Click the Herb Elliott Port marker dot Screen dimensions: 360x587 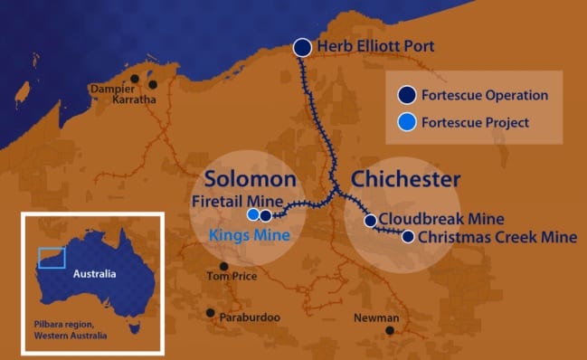[x=303, y=47]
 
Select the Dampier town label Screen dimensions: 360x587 [x=111, y=89]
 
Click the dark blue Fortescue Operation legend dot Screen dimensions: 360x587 [x=407, y=95]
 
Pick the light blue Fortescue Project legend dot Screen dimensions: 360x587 [x=407, y=122]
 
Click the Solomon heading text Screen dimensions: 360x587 [x=250, y=178]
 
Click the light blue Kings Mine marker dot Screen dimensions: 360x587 [x=253, y=215]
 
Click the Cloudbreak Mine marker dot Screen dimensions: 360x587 [x=370, y=220]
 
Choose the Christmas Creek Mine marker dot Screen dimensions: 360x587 [x=408, y=237]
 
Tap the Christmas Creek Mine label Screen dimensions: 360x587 [x=497, y=238]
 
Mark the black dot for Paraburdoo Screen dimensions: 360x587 [x=211, y=313]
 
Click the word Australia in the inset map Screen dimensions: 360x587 [x=94, y=274]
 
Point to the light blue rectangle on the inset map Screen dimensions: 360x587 [x=52, y=258]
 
